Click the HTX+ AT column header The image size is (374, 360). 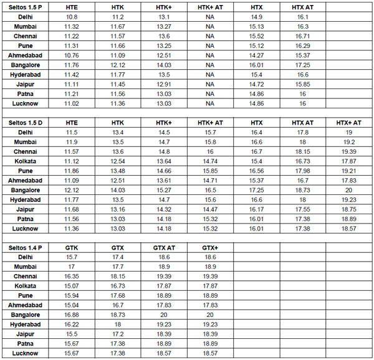(348, 123)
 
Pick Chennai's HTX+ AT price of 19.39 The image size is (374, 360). (348, 152)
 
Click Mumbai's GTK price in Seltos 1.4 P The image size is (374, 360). (72, 267)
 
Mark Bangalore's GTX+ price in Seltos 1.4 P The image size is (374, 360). (210, 315)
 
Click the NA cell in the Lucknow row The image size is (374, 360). (210, 103)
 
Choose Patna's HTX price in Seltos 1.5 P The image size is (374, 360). (256, 93)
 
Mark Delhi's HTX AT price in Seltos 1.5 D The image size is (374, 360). (302, 133)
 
